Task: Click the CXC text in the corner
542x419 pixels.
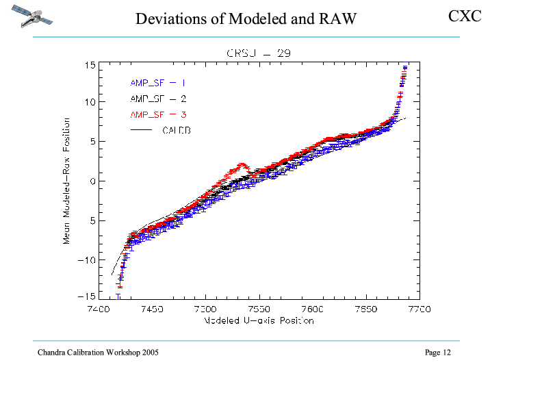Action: point(465,15)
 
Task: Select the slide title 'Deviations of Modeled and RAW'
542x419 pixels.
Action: point(246,18)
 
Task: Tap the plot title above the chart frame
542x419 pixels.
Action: point(260,53)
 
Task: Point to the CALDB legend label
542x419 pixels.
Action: point(176,129)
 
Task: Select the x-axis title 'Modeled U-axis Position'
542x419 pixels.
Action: point(259,320)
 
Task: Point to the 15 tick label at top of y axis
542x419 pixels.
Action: point(90,65)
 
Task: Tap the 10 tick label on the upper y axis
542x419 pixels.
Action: point(90,102)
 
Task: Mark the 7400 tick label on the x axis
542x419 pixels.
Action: point(99,309)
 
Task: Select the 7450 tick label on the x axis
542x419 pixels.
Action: point(152,309)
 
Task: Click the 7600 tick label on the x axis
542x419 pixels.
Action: point(312,309)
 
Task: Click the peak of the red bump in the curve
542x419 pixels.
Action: point(242,164)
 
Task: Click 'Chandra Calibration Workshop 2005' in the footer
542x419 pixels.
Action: point(98,353)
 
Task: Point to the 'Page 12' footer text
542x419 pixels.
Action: point(438,353)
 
